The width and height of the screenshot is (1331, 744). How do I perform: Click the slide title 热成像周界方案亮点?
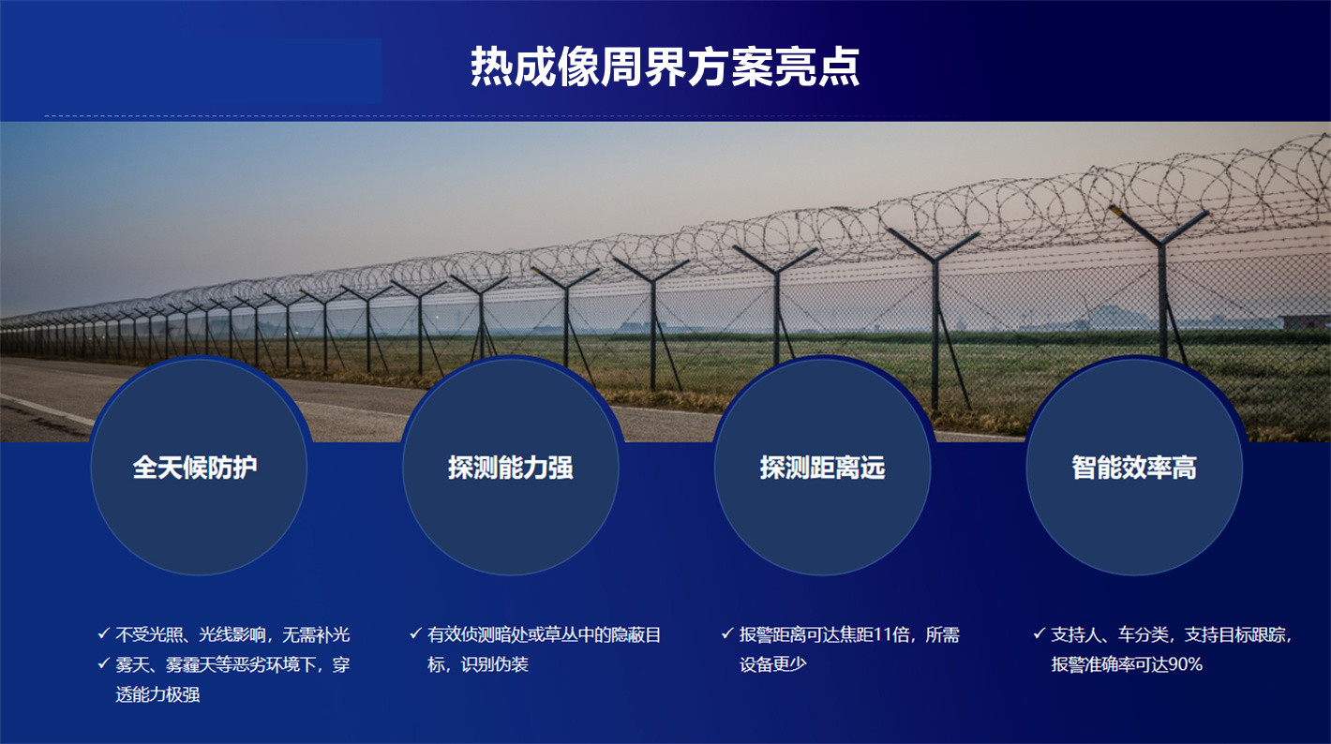[665, 67]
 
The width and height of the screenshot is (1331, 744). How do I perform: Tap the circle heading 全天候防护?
[195, 468]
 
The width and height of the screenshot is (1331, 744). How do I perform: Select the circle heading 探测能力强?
[511, 468]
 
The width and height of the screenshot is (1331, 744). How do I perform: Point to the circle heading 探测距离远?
[822, 468]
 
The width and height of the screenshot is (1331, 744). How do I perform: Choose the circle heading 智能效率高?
[1134, 468]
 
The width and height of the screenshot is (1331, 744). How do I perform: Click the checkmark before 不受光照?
[103, 633]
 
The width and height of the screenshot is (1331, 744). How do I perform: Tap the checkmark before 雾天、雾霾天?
[103, 662]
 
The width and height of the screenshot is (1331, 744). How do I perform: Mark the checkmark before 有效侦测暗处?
[415, 633]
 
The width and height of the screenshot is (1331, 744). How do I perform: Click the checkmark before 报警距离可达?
[727, 633]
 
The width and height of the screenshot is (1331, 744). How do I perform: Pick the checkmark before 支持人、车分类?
[1039, 633]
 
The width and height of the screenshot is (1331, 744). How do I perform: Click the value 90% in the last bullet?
[1186, 664]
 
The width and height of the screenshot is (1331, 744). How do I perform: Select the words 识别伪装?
[494, 664]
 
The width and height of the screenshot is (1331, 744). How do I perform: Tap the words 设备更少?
[773, 664]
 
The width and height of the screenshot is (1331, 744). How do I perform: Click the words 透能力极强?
[157, 694]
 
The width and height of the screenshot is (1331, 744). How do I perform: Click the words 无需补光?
[316, 634]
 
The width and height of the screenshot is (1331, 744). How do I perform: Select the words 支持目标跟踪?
[1234, 634]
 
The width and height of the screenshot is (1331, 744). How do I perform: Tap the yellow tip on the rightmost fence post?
[1115, 210]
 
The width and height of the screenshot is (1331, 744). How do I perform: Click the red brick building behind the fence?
[1307, 321]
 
